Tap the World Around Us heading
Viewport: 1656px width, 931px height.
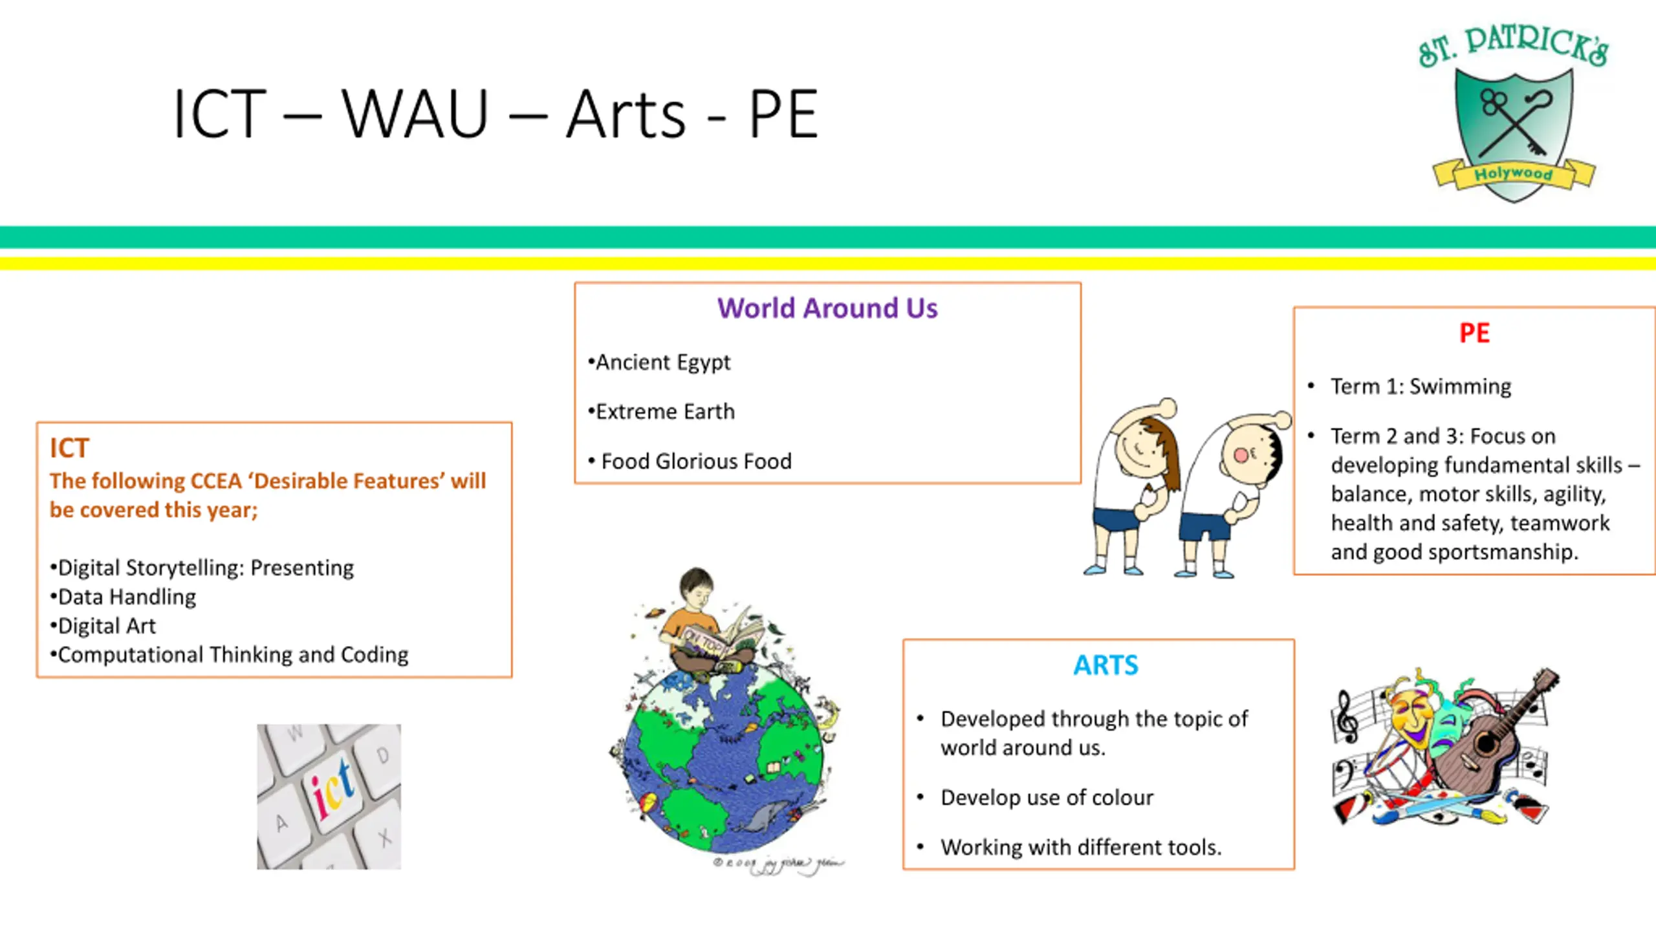coord(827,308)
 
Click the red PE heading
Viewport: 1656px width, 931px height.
coord(1474,333)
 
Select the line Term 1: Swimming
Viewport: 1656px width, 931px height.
coord(1421,386)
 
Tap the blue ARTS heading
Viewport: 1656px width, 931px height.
coord(1106,665)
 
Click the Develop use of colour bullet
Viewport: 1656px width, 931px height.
coord(1046,797)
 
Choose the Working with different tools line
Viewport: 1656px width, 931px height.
coord(1080,847)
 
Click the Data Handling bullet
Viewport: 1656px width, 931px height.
coord(127,597)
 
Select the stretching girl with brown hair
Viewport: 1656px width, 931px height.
coord(1135,485)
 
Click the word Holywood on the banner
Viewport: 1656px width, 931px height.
coord(1513,173)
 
